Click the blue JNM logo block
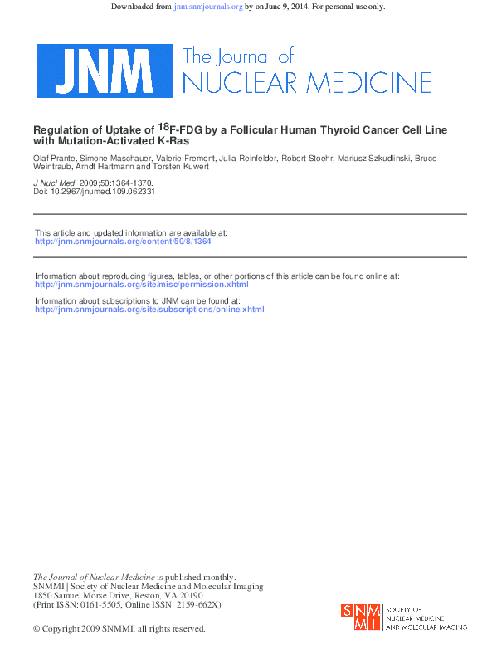103,71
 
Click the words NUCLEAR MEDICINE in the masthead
306,83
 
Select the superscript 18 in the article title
163,127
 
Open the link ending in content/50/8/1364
123,242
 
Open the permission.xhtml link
141,284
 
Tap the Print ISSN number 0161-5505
105,605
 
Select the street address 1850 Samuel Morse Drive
82,596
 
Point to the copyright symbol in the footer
37,629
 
